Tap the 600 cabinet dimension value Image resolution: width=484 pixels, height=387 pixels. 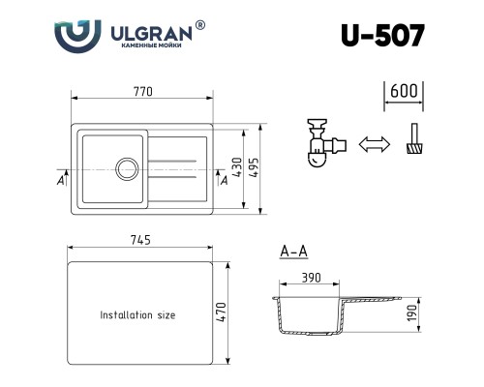(403, 92)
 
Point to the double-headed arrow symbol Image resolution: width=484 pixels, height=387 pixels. (372, 145)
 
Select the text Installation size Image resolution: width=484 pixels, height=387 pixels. (138, 314)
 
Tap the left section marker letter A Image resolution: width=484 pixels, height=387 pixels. (61, 180)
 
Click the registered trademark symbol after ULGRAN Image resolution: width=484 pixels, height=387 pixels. (200, 25)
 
